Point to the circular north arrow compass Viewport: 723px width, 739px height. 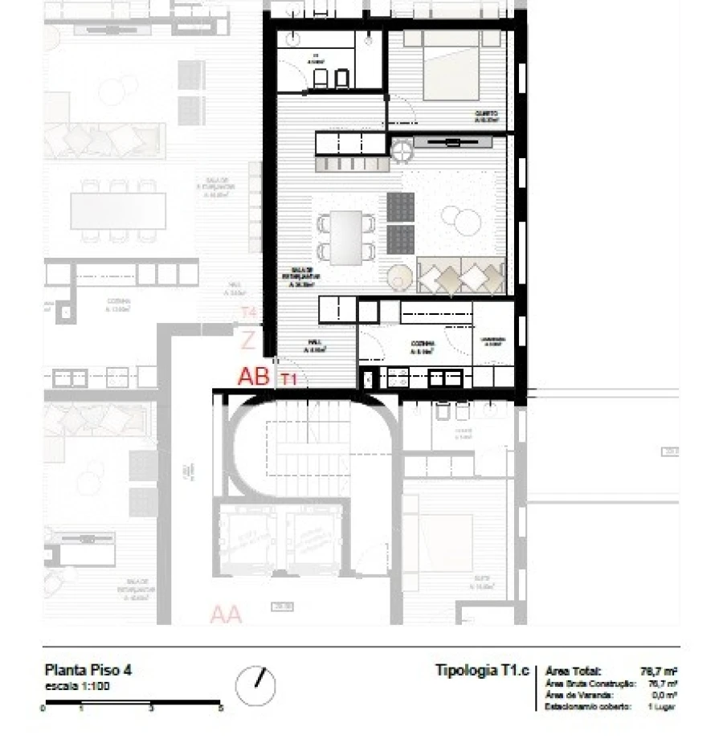tap(255, 686)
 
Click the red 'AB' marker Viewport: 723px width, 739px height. tap(253, 377)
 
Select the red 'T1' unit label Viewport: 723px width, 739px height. tap(289, 381)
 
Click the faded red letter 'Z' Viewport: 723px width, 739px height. tap(248, 341)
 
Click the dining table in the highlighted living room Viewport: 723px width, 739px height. tap(347, 237)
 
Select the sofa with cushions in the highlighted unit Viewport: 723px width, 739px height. tap(460, 276)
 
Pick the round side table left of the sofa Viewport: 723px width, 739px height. tap(399, 277)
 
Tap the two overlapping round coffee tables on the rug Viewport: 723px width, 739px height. tap(464, 219)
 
